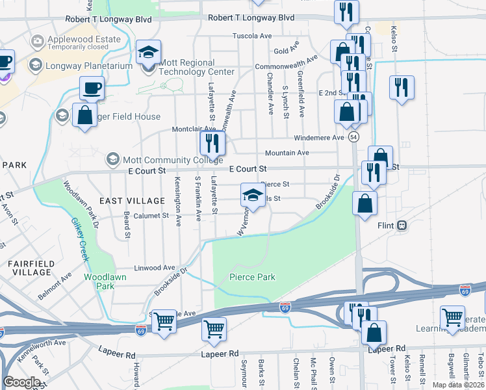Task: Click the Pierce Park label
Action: (252, 278)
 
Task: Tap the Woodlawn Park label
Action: (99, 281)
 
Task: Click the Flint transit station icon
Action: (403, 226)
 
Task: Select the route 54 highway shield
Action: (353, 137)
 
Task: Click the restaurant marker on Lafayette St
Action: (212, 142)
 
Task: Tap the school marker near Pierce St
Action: (253, 196)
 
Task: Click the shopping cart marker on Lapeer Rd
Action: (214, 330)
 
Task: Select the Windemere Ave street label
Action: (318, 138)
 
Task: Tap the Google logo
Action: (22, 382)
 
